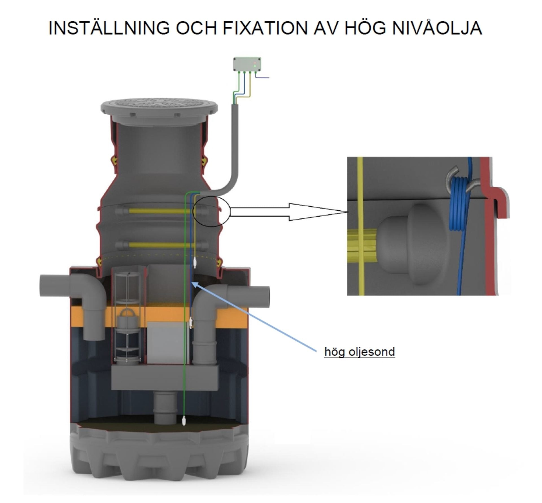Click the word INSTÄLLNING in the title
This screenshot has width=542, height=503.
click(109, 27)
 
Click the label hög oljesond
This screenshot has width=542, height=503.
click(360, 352)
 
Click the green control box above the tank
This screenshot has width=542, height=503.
click(247, 64)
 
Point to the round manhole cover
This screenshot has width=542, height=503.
click(159, 109)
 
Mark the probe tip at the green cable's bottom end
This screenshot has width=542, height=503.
click(184, 421)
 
